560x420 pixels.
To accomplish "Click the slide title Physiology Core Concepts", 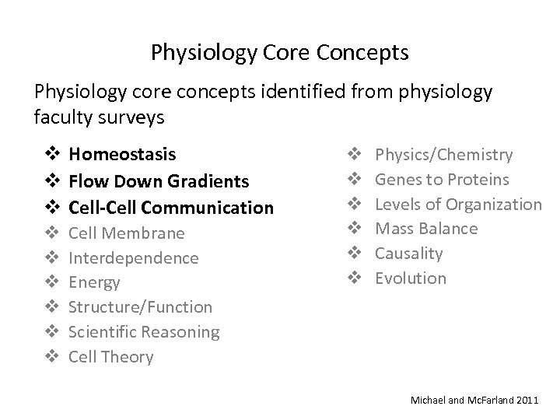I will tap(280, 54).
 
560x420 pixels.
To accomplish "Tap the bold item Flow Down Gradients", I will tap(159, 181).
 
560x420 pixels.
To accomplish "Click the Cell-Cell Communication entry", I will tap(171, 208).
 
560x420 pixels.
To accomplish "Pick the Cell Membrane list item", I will tap(127, 233).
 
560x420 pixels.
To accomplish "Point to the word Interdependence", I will tap(133, 257).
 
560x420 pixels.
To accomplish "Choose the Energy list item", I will tap(94, 282).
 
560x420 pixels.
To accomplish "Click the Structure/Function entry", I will tap(140, 307).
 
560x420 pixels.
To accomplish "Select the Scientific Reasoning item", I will tap(144, 332).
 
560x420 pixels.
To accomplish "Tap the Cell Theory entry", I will tap(111, 357).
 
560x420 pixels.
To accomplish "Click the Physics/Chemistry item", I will tap(443, 155).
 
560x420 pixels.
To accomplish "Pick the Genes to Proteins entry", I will tap(442, 180).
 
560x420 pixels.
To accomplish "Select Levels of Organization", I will tap(458, 205).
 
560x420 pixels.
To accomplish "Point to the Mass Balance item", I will tap(426, 229).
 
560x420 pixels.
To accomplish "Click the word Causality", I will tap(408, 254).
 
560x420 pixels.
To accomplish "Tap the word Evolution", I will tap(411, 278).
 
